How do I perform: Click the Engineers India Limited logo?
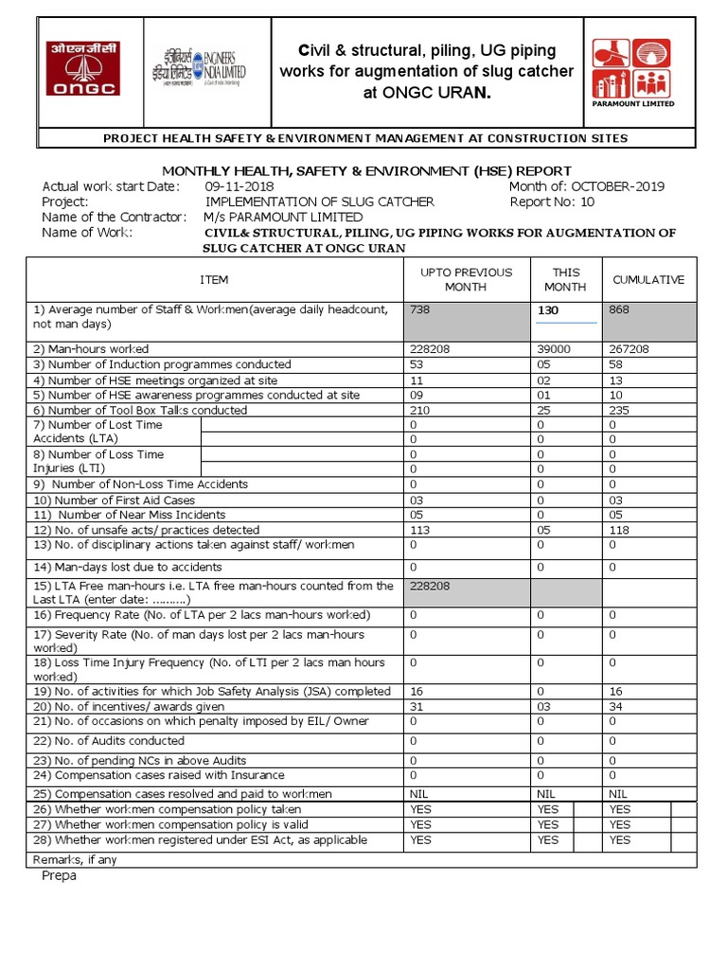[x=196, y=67]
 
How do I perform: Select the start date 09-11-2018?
[x=239, y=186]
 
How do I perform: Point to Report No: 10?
[x=552, y=202]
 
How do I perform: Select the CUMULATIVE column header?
[x=648, y=280]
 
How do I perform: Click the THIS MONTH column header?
[x=566, y=279]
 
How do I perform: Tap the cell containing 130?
[x=549, y=310]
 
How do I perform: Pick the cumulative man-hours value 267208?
[x=629, y=349]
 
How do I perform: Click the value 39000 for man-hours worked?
[x=554, y=349]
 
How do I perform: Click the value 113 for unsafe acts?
[x=420, y=530]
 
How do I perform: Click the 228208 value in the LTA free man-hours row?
[x=429, y=587]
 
